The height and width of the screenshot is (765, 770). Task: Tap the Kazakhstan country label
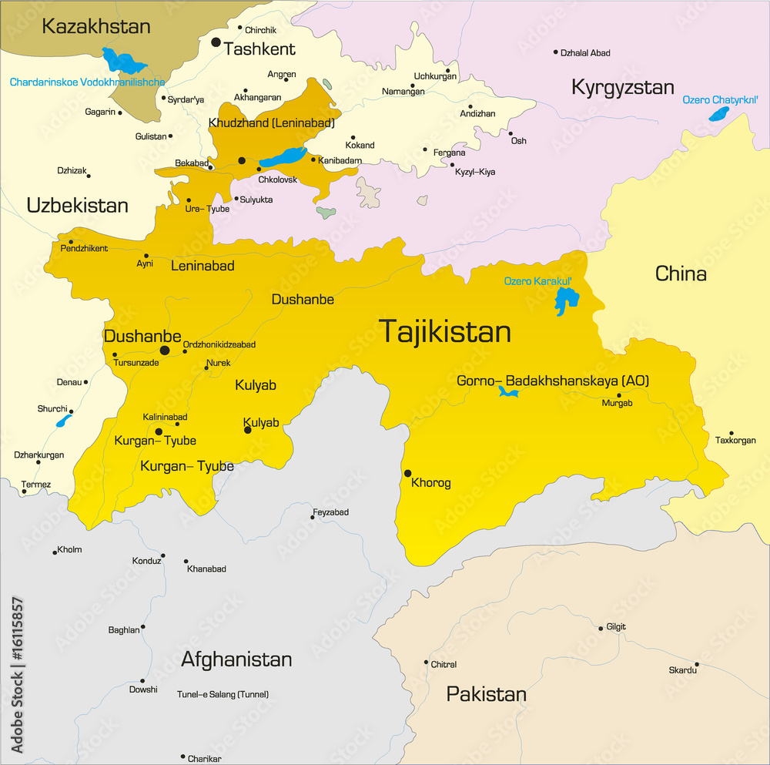96,27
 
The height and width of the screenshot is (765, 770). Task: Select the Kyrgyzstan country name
622,87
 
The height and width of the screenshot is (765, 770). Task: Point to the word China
681,273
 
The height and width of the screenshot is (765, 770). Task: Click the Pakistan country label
486,694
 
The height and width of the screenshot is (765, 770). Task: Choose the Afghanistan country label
236,659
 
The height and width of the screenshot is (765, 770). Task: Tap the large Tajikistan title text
445,331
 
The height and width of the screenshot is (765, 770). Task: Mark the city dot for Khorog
407,473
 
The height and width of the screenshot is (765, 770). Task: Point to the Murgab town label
618,404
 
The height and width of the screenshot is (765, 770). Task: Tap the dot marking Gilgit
601,629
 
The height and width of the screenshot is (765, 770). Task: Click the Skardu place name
682,670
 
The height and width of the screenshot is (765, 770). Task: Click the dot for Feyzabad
312,518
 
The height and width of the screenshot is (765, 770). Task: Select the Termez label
36,484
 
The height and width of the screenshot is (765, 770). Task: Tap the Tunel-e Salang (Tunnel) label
223,694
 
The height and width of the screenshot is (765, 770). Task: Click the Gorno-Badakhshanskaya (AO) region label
553,381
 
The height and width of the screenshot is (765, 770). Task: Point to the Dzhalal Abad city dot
555,52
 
